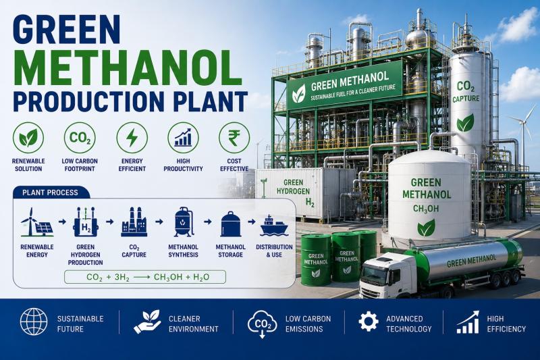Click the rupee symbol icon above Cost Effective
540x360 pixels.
tap(234, 138)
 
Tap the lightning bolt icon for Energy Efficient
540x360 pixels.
tap(132, 138)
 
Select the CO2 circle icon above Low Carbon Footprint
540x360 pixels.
tap(80, 138)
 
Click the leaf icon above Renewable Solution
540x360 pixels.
tap(28, 138)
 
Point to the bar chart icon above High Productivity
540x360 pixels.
tap(183, 138)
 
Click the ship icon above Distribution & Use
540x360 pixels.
tap(274, 226)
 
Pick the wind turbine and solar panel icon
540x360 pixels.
tap(37, 222)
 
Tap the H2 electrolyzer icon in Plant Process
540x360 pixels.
tap(86, 222)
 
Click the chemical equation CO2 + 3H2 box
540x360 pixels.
tap(145, 277)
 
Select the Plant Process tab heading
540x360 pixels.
tap(51, 192)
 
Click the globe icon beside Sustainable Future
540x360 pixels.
tap(34, 322)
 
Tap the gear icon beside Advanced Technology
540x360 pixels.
tap(369, 322)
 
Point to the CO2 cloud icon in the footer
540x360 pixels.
tap(263, 324)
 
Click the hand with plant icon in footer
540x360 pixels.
tap(147, 322)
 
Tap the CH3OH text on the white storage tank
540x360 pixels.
tap(426, 209)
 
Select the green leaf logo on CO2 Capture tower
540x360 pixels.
tap(466, 123)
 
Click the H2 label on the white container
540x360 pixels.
tap(310, 203)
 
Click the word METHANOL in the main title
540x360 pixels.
tap(128, 68)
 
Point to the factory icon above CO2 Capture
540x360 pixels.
tap(134, 222)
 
